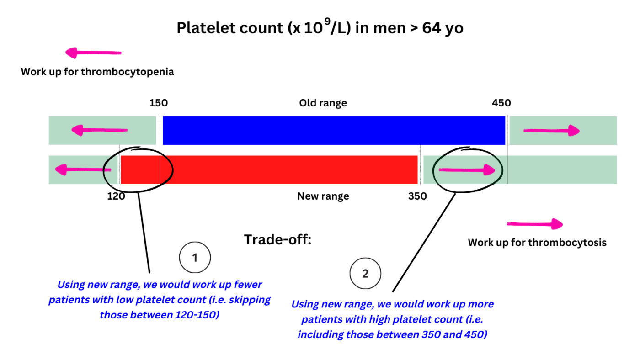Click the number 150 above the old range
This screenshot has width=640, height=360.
pos(159,103)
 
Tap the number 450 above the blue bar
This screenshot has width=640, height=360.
pos(501,103)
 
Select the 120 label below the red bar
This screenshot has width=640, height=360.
pos(116,196)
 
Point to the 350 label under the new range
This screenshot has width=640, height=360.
pos(417,196)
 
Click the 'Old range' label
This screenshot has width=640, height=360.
pos(323,103)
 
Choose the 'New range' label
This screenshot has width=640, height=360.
pos(323,196)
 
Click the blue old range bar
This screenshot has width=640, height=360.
pos(334,131)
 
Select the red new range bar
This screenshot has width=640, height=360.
pos(269,169)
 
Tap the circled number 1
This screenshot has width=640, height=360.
pos(195,258)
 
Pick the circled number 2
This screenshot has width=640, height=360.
pos(365,274)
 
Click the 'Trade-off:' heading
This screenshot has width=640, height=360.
pos(277,239)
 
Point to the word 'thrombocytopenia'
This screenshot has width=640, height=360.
pos(128,72)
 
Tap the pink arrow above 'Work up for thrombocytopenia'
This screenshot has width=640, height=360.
pos(93,53)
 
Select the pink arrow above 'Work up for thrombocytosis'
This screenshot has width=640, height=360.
pos(535,224)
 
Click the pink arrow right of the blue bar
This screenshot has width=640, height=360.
pos(551,131)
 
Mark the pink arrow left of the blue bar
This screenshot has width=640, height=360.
pos(100,131)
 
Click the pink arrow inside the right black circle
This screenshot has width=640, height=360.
pos(467,170)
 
